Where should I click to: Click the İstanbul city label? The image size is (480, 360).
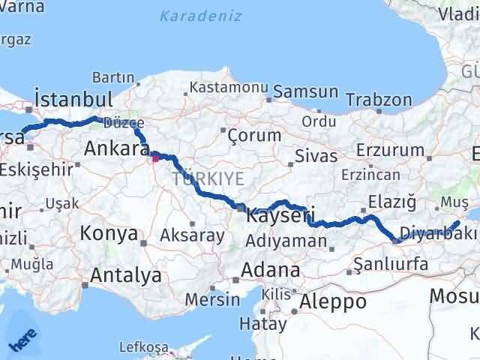[74, 99]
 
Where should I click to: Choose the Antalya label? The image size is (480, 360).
[125, 275]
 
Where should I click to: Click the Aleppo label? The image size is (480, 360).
[333, 301]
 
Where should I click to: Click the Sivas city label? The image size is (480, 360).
[313, 157]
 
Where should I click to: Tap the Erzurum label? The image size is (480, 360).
[390, 150]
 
